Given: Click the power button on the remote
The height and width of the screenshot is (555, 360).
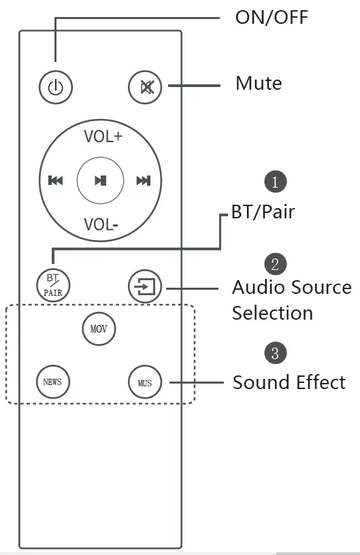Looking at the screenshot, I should [55, 87].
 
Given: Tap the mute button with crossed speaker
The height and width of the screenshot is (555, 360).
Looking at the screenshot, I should [145, 87].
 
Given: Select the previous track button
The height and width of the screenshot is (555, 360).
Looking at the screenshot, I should [55, 180].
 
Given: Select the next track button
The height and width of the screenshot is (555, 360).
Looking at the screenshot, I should [143, 180].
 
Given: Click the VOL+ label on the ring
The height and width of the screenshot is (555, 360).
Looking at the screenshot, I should [103, 136].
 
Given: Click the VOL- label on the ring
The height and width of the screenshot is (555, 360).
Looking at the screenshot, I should [101, 224].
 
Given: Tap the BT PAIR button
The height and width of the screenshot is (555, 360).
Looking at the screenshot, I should [52, 285].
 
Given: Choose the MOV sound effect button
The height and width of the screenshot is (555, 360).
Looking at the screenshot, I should [99, 329].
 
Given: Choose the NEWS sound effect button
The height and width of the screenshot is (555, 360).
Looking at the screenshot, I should [52, 382].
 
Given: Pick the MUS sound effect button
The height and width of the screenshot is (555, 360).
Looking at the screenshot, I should [144, 382].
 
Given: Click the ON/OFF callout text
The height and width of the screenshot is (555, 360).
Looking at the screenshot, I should [272, 17].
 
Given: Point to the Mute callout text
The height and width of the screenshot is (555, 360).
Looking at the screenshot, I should [258, 84].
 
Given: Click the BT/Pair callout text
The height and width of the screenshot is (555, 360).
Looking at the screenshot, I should [263, 212].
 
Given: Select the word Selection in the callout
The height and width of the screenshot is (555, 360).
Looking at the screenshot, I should [272, 313].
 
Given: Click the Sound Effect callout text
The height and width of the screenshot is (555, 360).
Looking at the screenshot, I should [289, 382].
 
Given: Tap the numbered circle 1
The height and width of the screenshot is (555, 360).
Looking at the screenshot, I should [275, 182].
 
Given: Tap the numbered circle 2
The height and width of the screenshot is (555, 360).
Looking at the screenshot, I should [275, 264].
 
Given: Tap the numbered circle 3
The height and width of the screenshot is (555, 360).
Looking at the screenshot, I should [275, 353].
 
